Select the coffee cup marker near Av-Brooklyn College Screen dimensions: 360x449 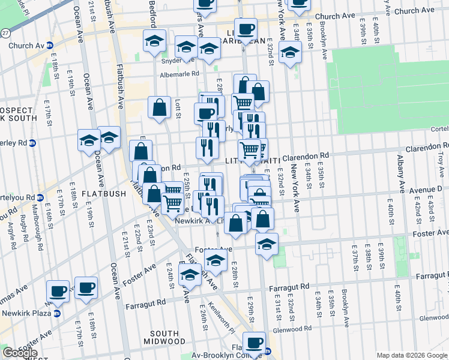click(255, 342)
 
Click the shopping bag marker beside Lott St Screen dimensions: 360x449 click(160, 107)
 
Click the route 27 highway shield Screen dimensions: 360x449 click(5, 32)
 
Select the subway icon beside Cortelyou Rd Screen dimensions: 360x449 click(40, 197)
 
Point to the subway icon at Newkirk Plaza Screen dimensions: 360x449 click(57, 313)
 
